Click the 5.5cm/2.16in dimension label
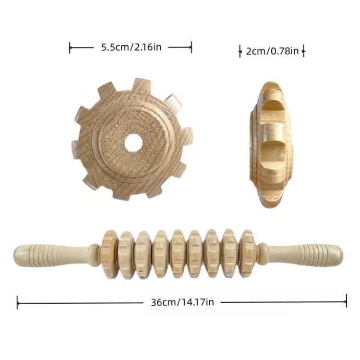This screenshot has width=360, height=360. [131, 47]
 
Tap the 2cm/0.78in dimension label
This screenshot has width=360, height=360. [272, 51]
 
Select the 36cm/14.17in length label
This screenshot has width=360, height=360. [182, 302]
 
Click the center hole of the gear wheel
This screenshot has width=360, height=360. [134, 142]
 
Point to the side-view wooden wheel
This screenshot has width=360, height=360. [271, 144]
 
